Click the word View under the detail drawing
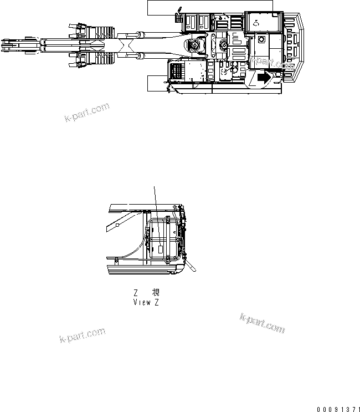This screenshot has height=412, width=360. coord(142,302)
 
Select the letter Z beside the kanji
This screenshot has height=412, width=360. coord(135,293)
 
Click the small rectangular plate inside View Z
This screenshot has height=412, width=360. coord(161,250)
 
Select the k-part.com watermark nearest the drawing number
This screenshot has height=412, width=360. coord(263,323)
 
